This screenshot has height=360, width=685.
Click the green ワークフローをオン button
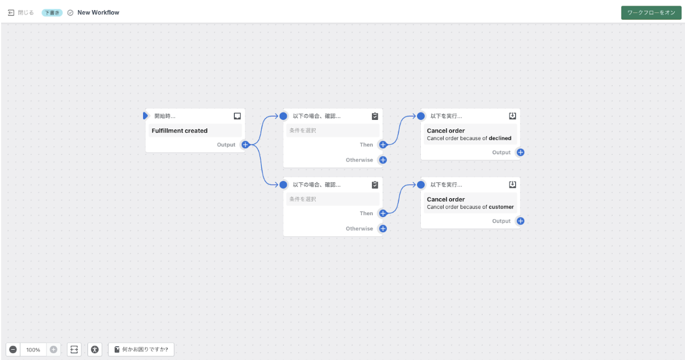(x=651, y=13)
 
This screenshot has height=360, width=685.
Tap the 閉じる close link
(x=21, y=12)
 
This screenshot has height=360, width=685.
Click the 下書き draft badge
(x=52, y=13)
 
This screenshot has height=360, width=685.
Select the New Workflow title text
(x=98, y=12)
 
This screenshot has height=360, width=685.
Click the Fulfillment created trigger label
(x=179, y=131)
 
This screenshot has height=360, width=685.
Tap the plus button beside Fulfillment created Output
(x=245, y=145)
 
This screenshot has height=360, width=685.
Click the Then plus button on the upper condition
(x=383, y=145)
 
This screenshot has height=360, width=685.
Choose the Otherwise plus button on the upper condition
(x=383, y=160)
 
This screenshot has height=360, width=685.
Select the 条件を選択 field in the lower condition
(x=333, y=199)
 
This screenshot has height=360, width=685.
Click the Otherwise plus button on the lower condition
(x=383, y=229)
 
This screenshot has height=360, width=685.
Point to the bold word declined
(x=500, y=138)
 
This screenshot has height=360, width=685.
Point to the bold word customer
(x=501, y=207)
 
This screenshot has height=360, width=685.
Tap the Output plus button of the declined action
(x=520, y=152)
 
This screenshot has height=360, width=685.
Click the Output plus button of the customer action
(x=520, y=221)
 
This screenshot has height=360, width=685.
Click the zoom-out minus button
(x=13, y=349)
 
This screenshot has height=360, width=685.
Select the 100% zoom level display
(x=33, y=350)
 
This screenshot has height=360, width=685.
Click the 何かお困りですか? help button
(x=141, y=349)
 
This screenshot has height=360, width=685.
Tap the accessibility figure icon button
(x=95, y=349)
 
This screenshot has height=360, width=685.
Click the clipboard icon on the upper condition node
(x=375, y=116)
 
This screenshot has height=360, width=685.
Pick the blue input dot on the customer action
(x=421, y=185)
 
